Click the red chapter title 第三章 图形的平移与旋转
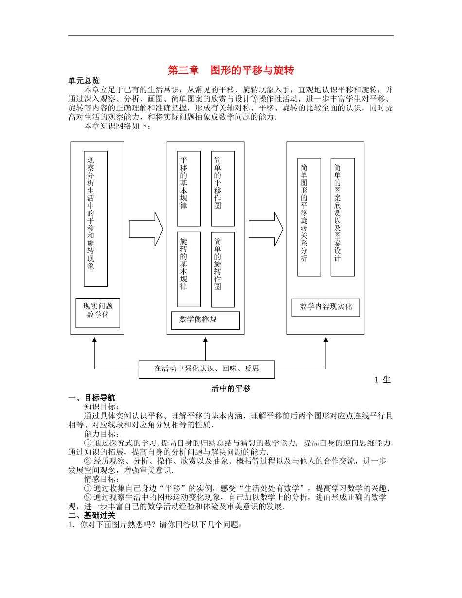click(x=231, y=70)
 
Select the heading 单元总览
click(x=84, y=81)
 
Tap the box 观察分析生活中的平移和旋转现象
click(x=96, y=218)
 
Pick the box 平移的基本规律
click(x=189, y=188)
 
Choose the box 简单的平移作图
click(x=223, y=188)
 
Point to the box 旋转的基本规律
click(x=189, y=269)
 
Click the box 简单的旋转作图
click(x=223, y=269)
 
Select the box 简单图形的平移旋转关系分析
click(x=309, y=217)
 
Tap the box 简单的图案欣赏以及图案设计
click(x=342, y=217)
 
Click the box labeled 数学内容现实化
click(x=326, y=307)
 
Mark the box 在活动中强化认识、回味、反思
click(x=207, y=369)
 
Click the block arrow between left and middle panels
click(x=146, y=229)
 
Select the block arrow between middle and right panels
click(x=266, y=229)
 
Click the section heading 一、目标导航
click(x=92, y=398)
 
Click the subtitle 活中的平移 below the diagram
click(x=231, y=388)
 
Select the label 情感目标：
click(x=101, y=478)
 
